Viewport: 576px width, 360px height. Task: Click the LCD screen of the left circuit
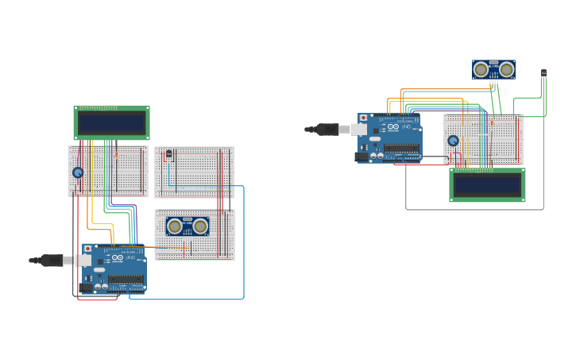click(112, 123)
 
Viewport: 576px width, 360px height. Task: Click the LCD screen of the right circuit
click(487, 184)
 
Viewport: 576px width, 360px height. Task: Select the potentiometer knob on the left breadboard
click(78, 172)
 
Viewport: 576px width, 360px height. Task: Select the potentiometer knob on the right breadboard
click(453, 141)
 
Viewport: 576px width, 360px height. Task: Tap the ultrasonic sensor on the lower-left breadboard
click(187, 226)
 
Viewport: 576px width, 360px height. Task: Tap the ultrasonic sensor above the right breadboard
click(493, 70)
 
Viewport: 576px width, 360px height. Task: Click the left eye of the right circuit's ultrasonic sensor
click(481, 70)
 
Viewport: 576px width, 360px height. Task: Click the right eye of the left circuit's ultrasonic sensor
click(200, 226)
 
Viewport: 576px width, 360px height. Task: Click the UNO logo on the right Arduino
click(406, 126)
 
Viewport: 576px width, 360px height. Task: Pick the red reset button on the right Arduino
click(364, 118)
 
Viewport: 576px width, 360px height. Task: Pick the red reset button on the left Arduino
click(88, 249)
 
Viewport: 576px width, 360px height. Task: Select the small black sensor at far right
click(543, 74)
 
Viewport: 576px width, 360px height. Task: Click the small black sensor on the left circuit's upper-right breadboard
click(168, 154)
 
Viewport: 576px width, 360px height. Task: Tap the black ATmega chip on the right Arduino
click(402, 149)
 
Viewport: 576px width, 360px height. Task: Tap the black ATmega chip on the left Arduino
click(126, 280)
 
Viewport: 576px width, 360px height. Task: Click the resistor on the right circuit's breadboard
click(491, 123)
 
